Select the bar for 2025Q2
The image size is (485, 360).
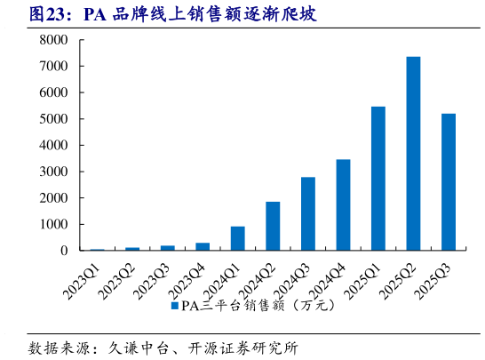413,154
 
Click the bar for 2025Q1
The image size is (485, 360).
378,179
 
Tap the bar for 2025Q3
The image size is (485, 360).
449,182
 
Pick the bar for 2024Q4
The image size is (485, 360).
343,204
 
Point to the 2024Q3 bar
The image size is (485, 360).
307,213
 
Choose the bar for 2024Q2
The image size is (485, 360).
273,226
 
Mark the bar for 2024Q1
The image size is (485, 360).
237,238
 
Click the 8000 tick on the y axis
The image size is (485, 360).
54,40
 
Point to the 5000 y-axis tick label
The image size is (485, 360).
54,119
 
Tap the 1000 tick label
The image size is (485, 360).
54,224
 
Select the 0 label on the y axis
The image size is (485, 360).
64,251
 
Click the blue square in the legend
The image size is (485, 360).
173,307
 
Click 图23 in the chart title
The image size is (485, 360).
45,14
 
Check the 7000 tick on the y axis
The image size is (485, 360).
54,67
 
